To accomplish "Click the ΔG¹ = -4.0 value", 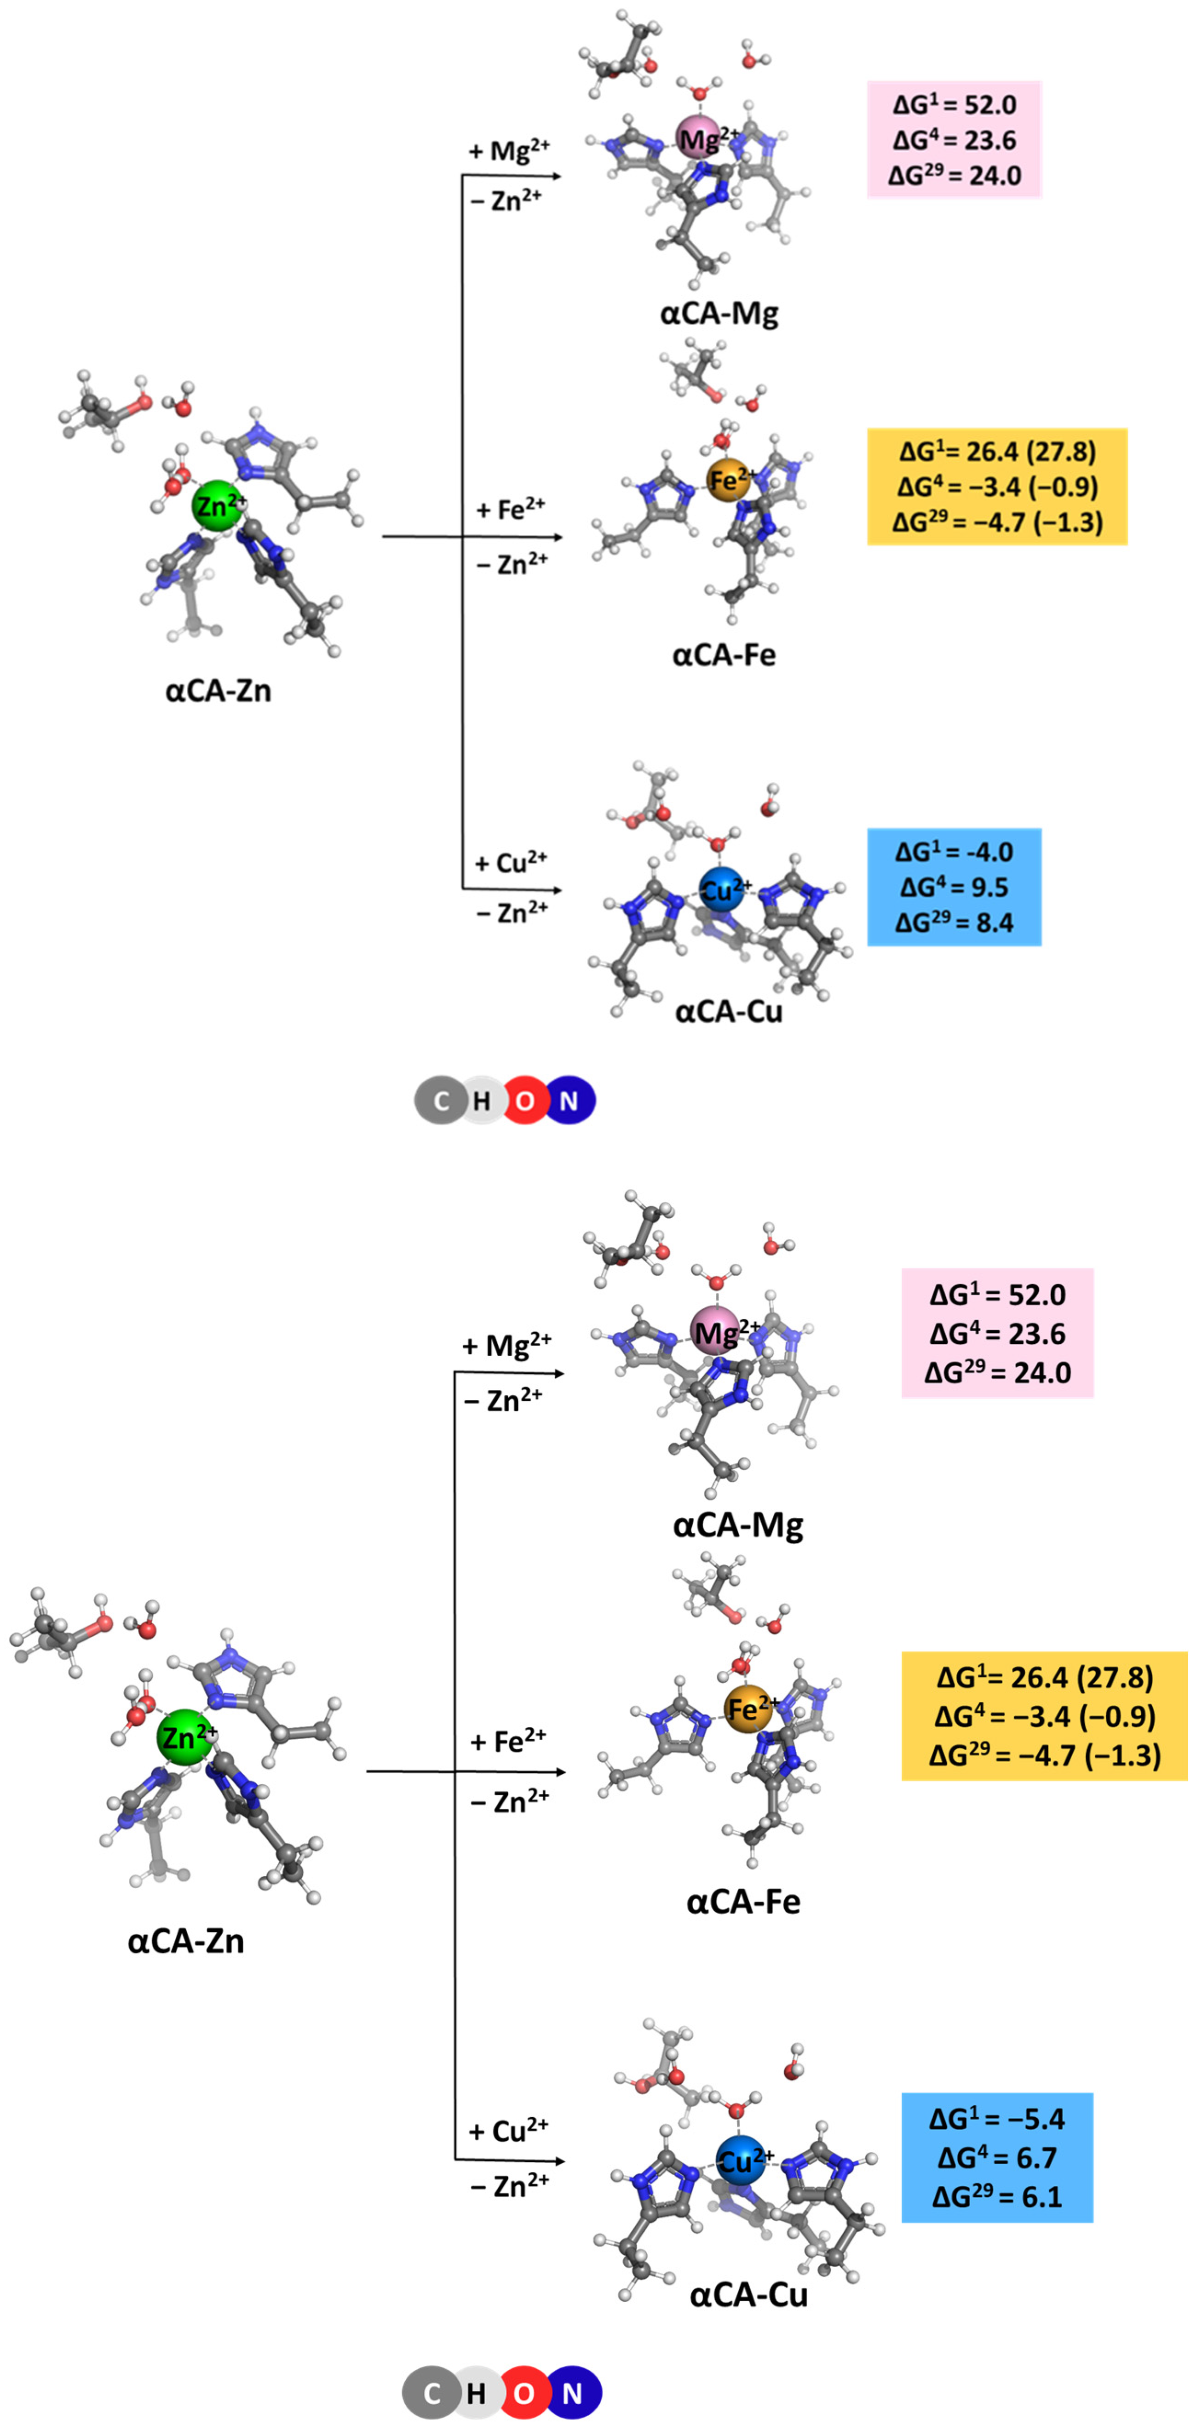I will (x=954, y=852).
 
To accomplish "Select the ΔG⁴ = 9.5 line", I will (x=954, y=887).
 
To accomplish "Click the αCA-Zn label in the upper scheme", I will (x=218, y=691).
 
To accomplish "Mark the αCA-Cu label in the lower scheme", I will (x=748, y=2294).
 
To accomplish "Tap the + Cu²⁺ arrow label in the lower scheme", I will (x=507, y=2130).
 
